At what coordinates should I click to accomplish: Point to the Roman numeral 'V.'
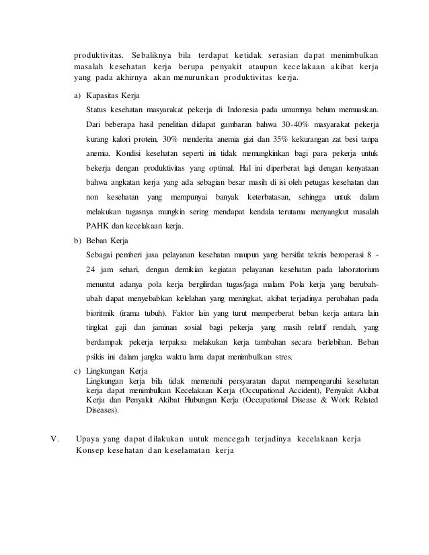click(57, 439)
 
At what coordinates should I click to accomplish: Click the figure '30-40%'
click(279, 124)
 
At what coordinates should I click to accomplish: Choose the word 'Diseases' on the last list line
click(102, 410)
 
